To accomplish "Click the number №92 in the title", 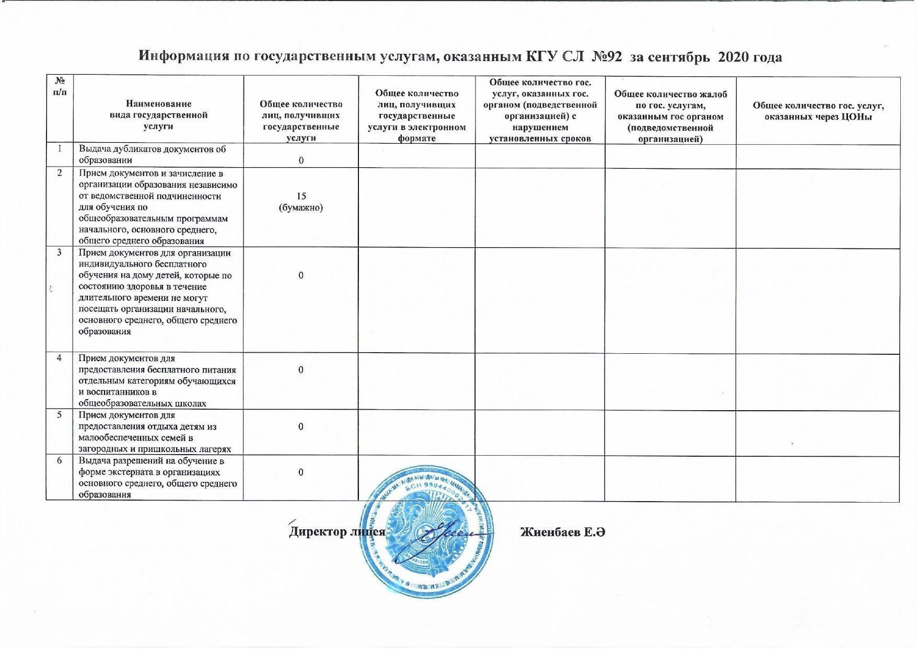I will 607,57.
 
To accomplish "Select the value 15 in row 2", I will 301,196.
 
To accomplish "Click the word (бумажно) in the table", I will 301,208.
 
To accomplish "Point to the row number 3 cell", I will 60,253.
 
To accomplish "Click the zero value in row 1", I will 301,160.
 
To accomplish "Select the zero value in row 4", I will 301,370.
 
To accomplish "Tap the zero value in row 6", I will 301,472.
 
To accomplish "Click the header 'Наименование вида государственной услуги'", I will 158,115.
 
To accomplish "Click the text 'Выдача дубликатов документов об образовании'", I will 153,155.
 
